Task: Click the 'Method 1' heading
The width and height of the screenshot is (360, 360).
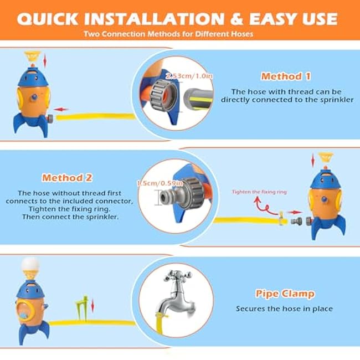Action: click(286, 76)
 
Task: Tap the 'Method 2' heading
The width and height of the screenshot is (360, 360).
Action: click(67, 178)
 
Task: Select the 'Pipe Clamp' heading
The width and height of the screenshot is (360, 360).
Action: click(285, 294)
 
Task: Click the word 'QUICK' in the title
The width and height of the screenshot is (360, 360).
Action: click(48, 19)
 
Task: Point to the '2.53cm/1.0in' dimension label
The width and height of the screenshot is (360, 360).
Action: click(189, 76)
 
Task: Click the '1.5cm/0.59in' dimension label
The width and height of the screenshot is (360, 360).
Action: click(160, 183)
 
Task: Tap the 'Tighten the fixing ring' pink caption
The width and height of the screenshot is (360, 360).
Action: click(259, 192)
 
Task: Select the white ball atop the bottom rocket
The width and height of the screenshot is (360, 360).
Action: click(30, 264)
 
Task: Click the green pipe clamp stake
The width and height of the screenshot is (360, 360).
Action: click(82, 307)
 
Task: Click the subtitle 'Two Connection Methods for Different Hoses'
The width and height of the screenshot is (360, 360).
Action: click(168, 34)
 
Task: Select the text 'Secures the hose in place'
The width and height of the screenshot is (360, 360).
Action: click(284, 308)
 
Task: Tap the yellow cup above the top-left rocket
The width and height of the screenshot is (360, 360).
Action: click(32, 56)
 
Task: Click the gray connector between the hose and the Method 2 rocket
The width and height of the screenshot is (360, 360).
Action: click(296, 222)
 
